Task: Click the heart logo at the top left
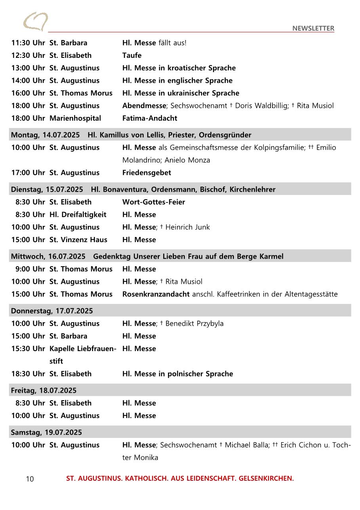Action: [36, 22]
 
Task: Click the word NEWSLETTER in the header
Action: [313, 28]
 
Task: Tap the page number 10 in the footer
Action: [30, 479]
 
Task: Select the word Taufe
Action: [132, 55]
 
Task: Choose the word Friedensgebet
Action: [147, 173]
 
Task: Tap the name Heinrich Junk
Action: [187, 227]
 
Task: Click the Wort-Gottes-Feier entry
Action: [154, 202]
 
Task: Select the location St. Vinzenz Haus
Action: [78, 240]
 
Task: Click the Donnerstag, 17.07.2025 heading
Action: [52, 311]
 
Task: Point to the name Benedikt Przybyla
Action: [194, 323]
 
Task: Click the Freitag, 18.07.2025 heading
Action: [44, 390]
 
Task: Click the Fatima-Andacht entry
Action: [150, 118]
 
